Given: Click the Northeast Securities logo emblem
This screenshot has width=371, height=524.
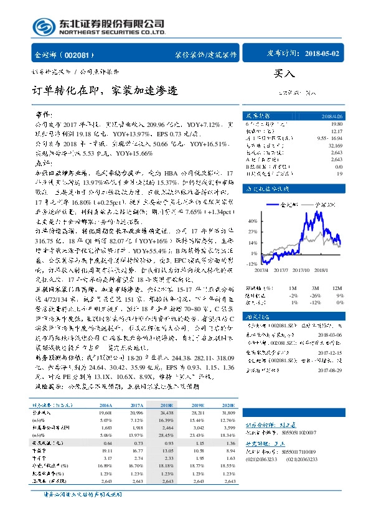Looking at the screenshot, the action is pyautogui.click(x=43, y=26).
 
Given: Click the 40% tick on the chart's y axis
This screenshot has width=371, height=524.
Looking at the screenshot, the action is pyautogui.click(x=253, y=221).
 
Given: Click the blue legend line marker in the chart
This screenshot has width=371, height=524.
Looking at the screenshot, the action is pyautogui.click(x=274, y=204).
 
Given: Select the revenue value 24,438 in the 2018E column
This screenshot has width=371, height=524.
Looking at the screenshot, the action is pyautogui.click(x=167, y=412).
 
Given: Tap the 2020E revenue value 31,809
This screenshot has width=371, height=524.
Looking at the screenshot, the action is pyautogui.click(x=229, y=412).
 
